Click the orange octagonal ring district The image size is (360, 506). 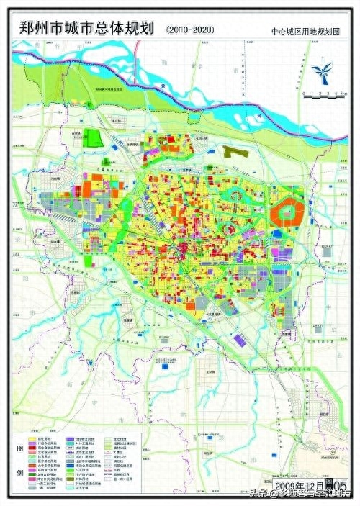click(292, 214)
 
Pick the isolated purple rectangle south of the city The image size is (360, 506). click(166, 366)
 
